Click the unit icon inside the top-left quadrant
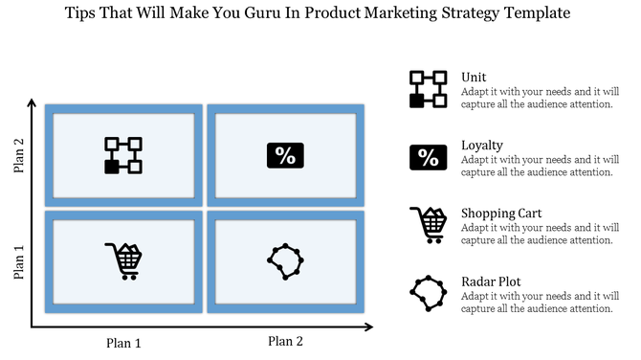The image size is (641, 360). pyautogui.click(x=122, y=155)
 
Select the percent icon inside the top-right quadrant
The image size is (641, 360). pyautogui.click(x=285, y=155)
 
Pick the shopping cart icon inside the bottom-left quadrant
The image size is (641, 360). pyautogui.click(x=123, y=259)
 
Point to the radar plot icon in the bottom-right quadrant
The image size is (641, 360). pyautogui.click(x=285, y=260)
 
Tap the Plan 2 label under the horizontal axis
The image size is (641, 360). pyautogui.click(x=285, y=341)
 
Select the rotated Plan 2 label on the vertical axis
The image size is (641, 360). pyautogui.click(x=18, y=153)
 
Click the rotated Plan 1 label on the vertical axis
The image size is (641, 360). pyautogui.click(x=18, y=260)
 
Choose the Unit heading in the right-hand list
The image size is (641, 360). pyautogui.click(x=473, y=78)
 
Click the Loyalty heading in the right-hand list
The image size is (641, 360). pyautogui.click(x=482, y=146)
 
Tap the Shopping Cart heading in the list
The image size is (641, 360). pyautogui.click(x=500, y=214)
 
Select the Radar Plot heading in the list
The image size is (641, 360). pyautogui.click(x=491, y=281)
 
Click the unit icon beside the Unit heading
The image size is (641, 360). pyautogui.click(x=427, y=88)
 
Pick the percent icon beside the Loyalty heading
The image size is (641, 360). pyautogui.click(x=427, y=157)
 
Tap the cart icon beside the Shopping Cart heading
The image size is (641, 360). pyautogui.click(x=428, y=224)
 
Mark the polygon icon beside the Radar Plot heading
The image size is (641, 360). pyautogui.click(x=427, y=292)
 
